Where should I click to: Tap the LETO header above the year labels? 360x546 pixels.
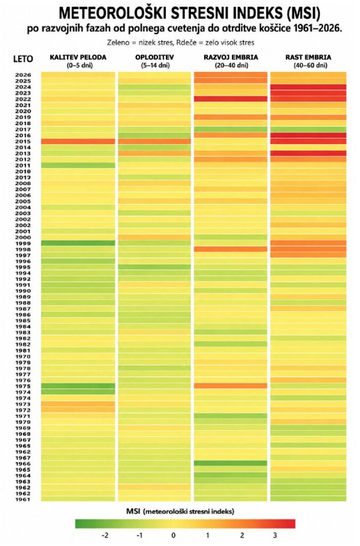tap(23, 59)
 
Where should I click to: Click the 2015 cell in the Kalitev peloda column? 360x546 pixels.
tap(78, 141)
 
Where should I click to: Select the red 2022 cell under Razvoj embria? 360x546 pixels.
tap(230, 99)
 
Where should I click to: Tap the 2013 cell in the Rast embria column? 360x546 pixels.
tap(308, 153)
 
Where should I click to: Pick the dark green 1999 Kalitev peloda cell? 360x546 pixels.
tap(78, 243)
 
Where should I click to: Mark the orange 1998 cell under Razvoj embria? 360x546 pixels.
tap(230, 250)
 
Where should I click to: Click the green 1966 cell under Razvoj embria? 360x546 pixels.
tap(230, 463)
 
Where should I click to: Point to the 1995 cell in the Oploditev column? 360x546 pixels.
tap(155, 267)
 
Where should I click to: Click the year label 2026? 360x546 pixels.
tap(23, 75)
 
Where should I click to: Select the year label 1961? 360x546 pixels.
tap(23, 499)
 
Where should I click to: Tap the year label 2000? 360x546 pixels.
tap(23, 237)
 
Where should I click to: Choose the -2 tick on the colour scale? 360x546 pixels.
tap(105, 535)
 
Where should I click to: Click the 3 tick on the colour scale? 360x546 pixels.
tap(275, 535)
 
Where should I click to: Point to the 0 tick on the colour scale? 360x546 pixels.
tap(173, 535)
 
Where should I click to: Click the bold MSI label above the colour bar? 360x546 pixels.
tap(133, 511)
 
